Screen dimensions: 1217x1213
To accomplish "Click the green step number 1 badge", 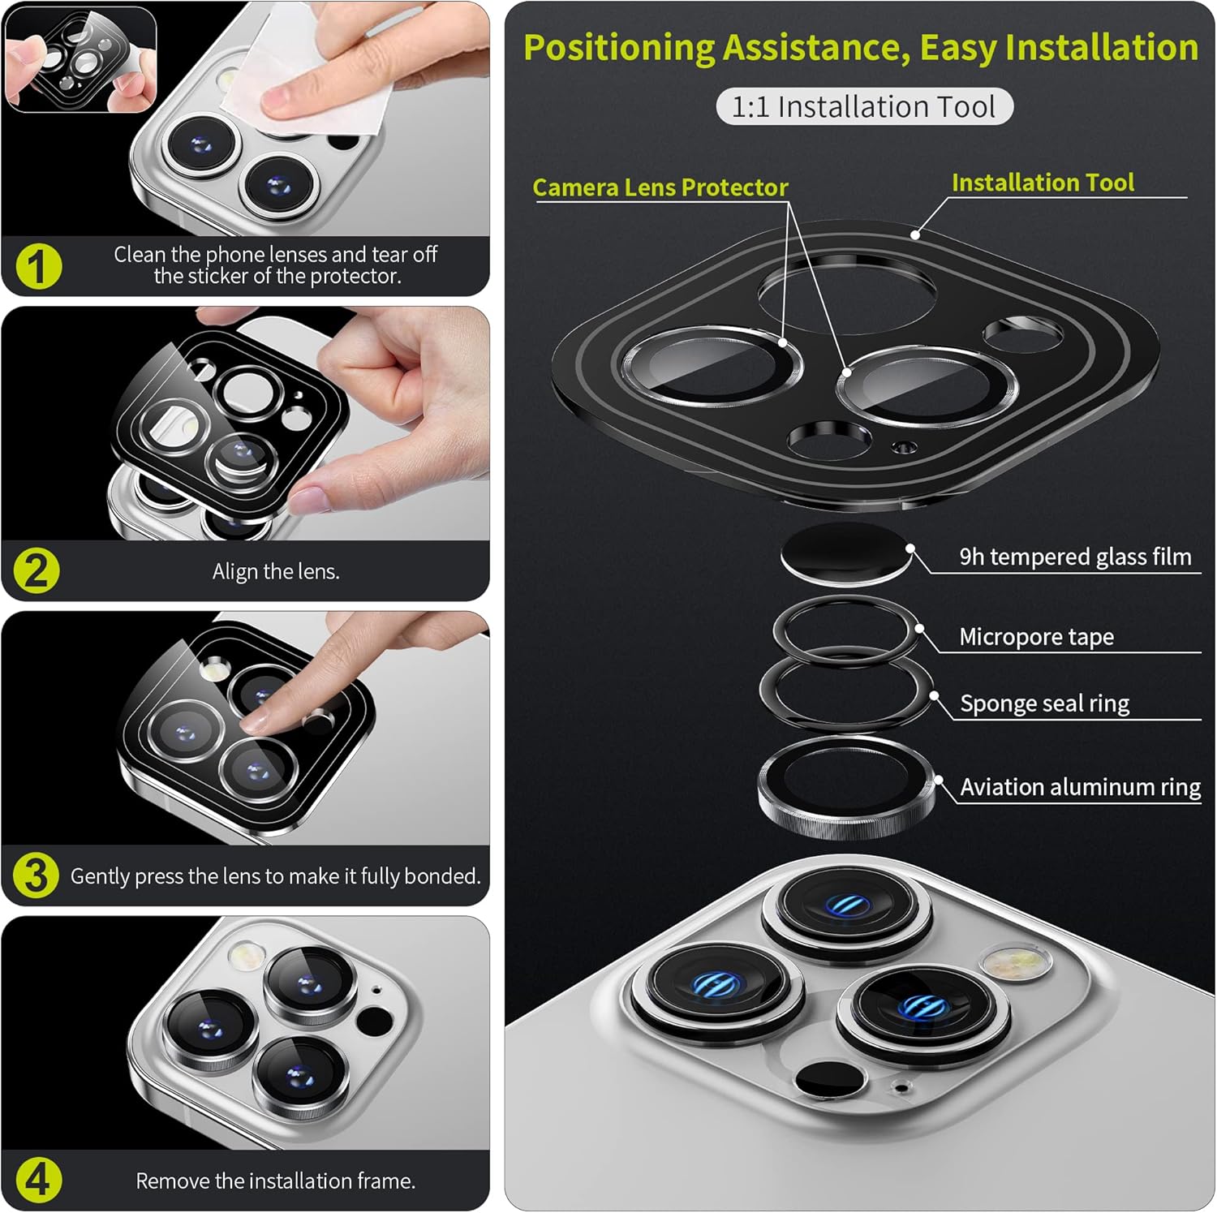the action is [x=37, y=266].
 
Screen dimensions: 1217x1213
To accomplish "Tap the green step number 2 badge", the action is [x=37, y=570].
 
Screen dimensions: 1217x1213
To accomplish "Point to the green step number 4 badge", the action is [x=37, y=1181].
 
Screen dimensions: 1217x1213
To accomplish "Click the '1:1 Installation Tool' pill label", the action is [x=864, y=106].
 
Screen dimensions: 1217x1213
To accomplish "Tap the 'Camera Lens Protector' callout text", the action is [x=660, y=187].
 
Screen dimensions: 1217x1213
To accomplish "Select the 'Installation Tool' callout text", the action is [x=1043, y=183].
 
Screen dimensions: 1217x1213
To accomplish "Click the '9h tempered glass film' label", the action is [x=1075, y=557].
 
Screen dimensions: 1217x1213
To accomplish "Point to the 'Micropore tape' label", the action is [x=1036, y=637].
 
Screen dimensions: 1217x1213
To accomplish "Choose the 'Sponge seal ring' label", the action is [x=1044, y=703].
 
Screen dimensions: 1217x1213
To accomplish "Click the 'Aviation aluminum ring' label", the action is [x=1080, y=787].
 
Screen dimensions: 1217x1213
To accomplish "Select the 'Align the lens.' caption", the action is [x=276, y=571].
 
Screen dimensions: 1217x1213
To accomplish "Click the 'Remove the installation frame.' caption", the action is [x=275, y=1181].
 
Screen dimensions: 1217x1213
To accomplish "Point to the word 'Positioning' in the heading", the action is [x=618, y=48].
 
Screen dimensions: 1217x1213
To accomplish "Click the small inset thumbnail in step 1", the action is [x=80, y=59].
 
